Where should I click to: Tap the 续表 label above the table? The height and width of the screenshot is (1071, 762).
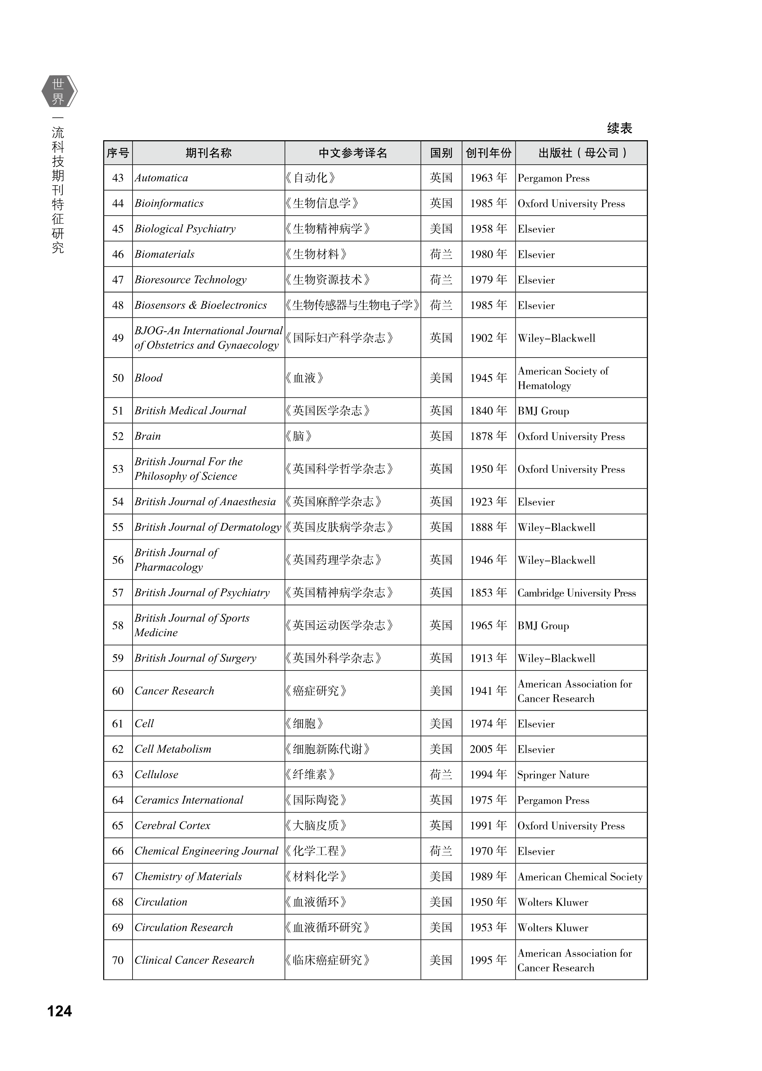[619, 128]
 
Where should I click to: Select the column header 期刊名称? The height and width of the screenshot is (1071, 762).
[208, 153]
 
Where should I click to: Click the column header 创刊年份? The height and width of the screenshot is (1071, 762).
[489, 153]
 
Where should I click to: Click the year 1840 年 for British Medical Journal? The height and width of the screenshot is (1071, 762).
[489, 411]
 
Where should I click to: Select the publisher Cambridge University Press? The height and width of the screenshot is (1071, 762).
[577, 593]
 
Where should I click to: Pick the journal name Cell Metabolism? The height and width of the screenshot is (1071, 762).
[173, 749]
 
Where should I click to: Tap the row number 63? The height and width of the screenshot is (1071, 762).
[118, 774]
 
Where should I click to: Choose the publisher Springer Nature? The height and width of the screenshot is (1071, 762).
[553, 775]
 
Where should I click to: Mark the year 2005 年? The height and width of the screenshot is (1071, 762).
[489, 749]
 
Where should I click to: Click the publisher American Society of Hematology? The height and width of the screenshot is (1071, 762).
[563, 378]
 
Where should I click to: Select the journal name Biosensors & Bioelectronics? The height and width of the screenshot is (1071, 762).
[201, 305]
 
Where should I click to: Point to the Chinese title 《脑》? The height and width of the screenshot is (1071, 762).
[299, 436]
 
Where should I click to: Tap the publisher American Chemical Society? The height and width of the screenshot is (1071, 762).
[580, 877]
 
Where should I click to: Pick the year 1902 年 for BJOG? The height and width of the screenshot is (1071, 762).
[489, 338]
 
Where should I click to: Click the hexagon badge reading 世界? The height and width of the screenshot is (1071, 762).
[59, 91]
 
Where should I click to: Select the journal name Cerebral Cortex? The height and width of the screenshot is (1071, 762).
[172, 825]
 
